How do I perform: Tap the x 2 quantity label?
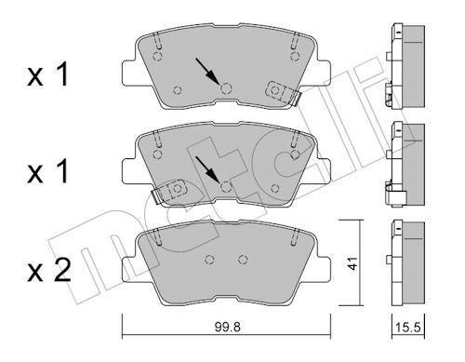click(x=47, y=272)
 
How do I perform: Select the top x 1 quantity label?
click(x=47, y=77)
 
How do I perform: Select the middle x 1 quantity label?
click(x=47, y=175)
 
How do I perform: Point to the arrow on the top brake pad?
click(x=207, y=70)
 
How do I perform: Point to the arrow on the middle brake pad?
click(x=209, y=168)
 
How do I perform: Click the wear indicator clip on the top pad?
click(x=282, y=91)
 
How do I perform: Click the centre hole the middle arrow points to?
click(x=227, y=185)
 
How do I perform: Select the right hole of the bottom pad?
click(x=244, y=260)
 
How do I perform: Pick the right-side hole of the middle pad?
click(x=274, y=189)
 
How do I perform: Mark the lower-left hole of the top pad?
click(x=178, y=90)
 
